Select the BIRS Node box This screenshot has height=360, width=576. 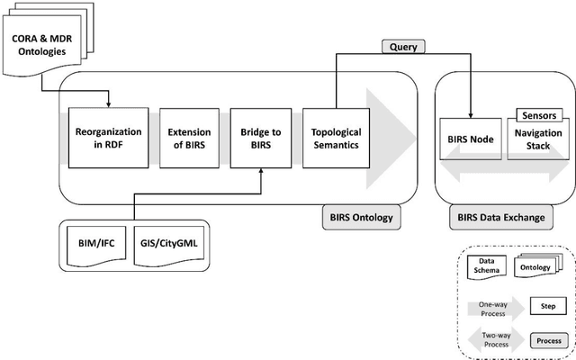pos(470,139)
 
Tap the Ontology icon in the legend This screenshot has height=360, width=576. pos(533,267)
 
